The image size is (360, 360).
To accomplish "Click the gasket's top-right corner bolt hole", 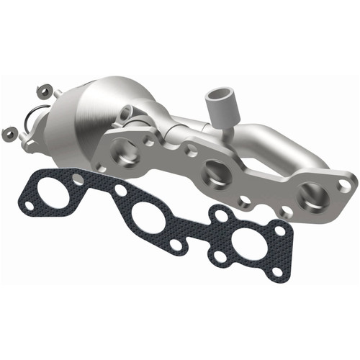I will tap(279, 230).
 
